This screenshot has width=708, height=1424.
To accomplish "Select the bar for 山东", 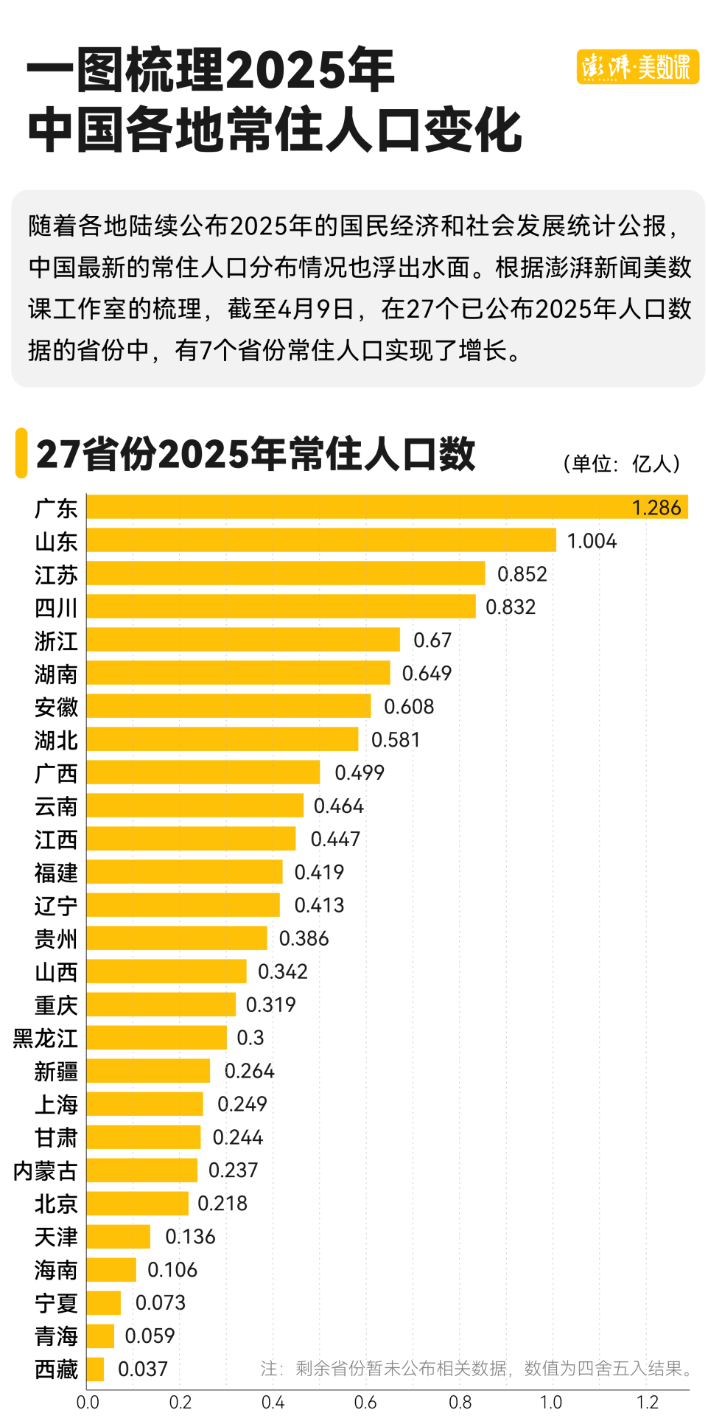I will (321, 540).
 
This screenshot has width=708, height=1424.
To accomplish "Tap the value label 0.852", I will (522, 574).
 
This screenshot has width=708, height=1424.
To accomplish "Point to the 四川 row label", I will (56, 608).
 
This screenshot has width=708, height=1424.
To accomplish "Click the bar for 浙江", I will (243, 640).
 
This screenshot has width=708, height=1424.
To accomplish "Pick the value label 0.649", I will (427, 674).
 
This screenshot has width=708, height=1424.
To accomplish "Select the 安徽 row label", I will (56, 708).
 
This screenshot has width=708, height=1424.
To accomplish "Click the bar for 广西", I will (203, 772).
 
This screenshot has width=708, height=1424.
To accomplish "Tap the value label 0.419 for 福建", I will (319, 873).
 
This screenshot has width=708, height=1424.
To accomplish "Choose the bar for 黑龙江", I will (156, 1038).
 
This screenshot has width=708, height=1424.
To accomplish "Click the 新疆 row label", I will (56, 1072).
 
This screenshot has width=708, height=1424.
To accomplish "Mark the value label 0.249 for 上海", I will (242, 1104).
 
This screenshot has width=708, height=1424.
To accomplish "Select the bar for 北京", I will (137, 1204).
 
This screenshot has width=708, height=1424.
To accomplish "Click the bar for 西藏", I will (95, 1369).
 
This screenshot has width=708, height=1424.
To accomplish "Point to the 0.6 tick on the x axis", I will (365, 1403).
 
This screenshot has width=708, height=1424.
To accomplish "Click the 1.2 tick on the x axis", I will (647, 1403).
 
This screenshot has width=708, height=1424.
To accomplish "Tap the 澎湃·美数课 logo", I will (637, 67).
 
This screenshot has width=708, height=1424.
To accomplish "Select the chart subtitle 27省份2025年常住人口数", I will (256, 454).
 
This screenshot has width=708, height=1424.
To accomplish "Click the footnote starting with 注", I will (477, 1369).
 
